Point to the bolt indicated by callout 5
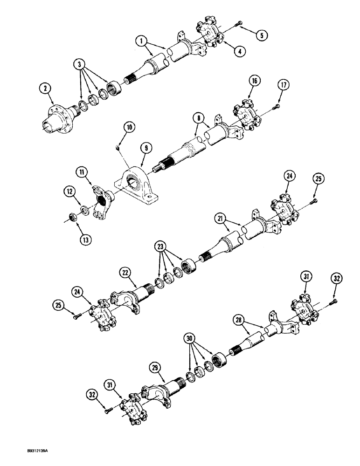click(239, 23)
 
